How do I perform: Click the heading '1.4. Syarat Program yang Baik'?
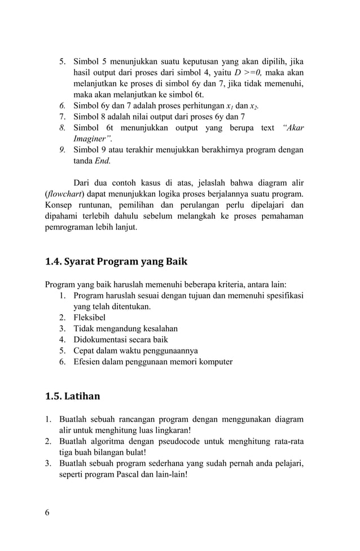[x=116, y=262]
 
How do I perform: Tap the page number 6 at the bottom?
[x=47, y=512]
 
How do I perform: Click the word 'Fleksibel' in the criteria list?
[x=90, y=318]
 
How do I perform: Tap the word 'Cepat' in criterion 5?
[x=85, y=351]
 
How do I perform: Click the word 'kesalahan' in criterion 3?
[x=159, y=329]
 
